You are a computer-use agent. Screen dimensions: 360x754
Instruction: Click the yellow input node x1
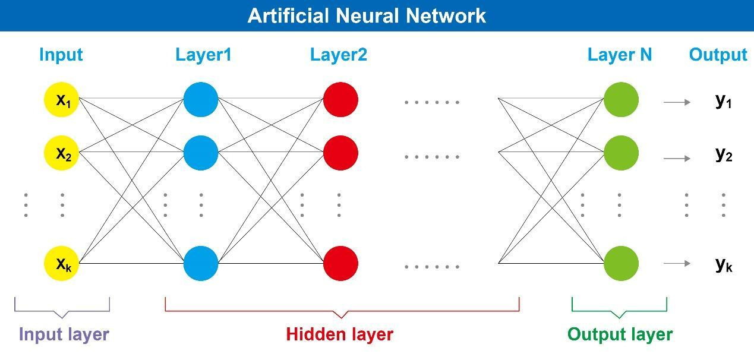coord(62,100)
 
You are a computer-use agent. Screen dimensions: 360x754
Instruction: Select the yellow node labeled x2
coord(62,153)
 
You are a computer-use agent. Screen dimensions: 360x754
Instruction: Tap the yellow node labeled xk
coord(62,263)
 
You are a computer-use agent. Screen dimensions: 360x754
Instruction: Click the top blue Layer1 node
coord(201,100)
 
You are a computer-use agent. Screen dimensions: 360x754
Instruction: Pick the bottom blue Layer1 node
coord(201,263)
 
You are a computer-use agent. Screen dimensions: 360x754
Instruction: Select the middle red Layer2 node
coord(340,153)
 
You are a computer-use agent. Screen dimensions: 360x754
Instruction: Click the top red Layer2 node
coord(340,100)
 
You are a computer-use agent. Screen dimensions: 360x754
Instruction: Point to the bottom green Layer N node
coord(621,263)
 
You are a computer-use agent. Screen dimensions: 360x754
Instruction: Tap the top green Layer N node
coord(621,100)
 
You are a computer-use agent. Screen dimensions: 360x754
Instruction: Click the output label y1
coord(723,102)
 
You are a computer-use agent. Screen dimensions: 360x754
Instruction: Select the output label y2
coord(723,154)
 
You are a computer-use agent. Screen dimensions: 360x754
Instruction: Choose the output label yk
coord(723,264)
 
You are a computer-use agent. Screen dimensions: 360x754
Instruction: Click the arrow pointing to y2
coord(677,159)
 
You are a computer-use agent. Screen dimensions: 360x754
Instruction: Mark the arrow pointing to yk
coord(677,264)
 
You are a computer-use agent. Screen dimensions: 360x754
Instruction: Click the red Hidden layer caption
coord(339,334)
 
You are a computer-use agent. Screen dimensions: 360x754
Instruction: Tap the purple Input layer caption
coord(64,334)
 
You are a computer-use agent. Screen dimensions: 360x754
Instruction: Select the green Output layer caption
coord(620,334)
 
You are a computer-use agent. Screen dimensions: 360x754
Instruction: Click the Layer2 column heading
coord(339,55)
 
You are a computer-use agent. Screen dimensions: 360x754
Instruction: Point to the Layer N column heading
coord(620,55)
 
